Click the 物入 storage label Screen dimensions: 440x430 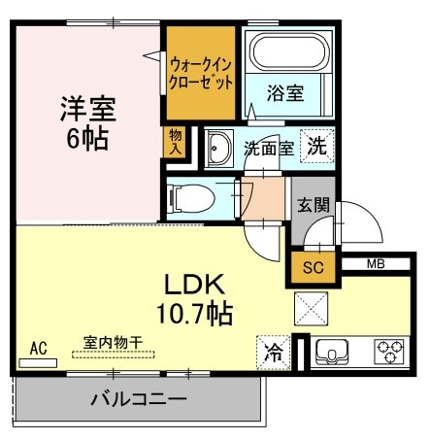[x=175, y=141]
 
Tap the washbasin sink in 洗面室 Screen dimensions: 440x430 [x=218, y=149]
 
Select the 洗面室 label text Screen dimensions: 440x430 [x=268, y=150]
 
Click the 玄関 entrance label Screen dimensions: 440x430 [x=312, y=205]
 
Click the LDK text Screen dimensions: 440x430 [x=193, y=286]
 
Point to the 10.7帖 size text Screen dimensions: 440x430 [x=194, y=313]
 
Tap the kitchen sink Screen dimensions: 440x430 [x=336, y=351]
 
